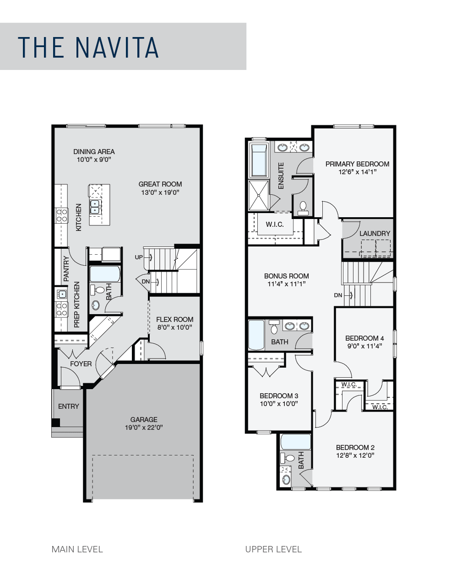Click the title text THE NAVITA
(88, 47)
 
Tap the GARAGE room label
(144, 419)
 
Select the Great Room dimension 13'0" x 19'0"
(160, 193)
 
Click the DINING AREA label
(94, 152)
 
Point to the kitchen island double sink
(95, 207)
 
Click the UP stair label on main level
(139, 257)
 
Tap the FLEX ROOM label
(174, 320)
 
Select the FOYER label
(81, 364)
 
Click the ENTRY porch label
(69, 406)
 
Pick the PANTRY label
(66, 268)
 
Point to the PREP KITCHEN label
(77, 305)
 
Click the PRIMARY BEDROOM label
(357, 164)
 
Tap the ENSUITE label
(281, 176)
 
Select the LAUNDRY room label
(375, 233)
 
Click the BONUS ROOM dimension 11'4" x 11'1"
(286, 284)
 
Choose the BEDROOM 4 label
(364, 338)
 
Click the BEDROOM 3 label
(279, 396)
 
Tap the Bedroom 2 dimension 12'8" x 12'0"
(355, 455)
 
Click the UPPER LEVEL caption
(273, 549)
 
